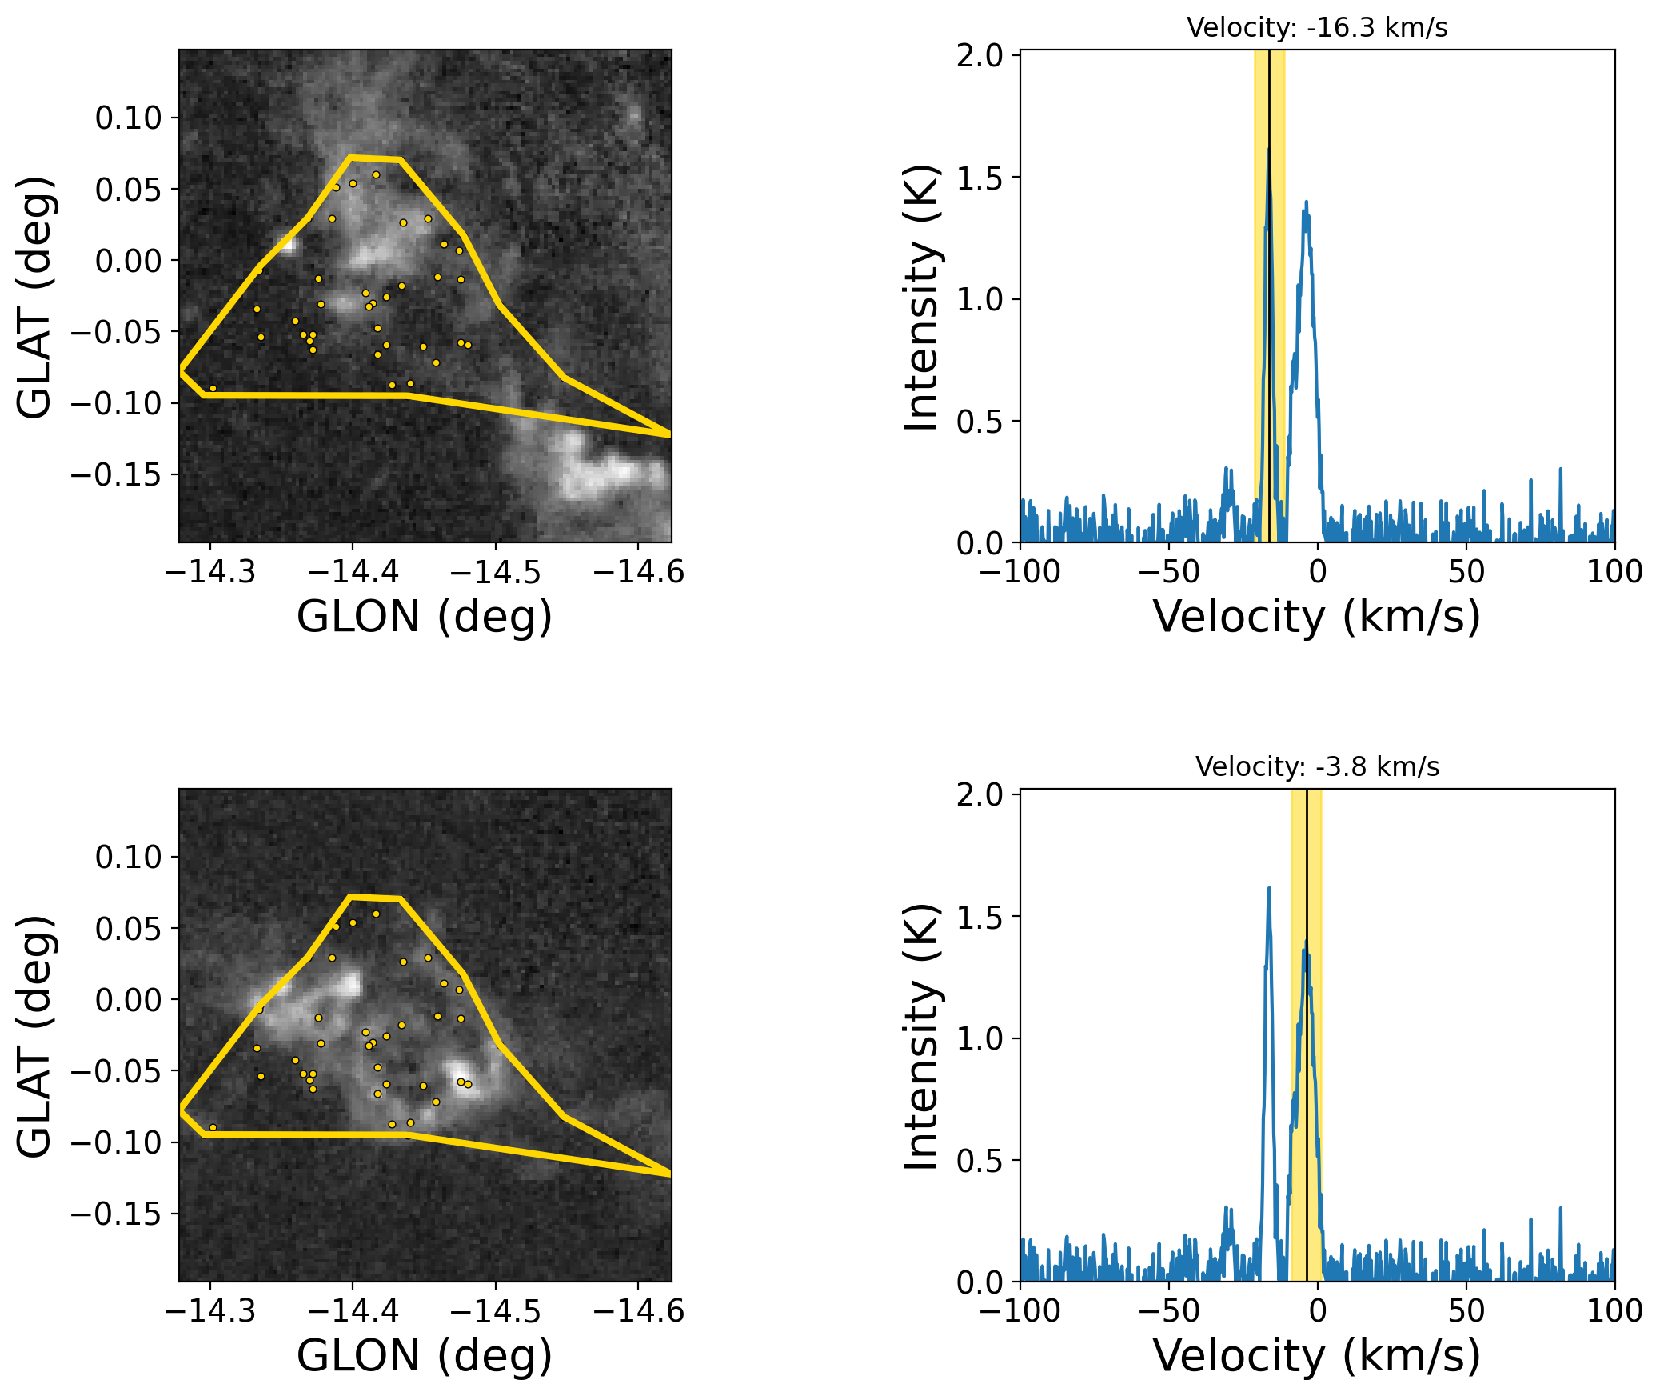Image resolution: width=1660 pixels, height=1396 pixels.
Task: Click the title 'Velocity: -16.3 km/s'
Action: click(x=1317, y=28)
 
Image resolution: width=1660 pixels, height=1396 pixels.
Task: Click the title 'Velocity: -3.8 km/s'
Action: click(x=1317, y=767)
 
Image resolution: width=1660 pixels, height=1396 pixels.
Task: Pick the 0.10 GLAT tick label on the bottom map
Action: click(x=128, y=857)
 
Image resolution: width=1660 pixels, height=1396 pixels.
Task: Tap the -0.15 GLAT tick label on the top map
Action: click(x=116, y=475)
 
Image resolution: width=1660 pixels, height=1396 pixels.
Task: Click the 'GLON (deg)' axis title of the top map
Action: click(x=425, y=617)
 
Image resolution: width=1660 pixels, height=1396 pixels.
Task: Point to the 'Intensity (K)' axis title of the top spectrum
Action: click(x=920, y=298)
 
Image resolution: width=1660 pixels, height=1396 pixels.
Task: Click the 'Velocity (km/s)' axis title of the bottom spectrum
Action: click(x=1317, y=1356)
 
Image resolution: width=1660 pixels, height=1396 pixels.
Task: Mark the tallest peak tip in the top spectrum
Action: click(x=1269, y=149)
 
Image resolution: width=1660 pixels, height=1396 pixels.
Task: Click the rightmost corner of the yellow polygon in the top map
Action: click(x=670, y=434)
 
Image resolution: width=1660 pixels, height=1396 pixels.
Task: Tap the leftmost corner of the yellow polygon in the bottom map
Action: click(x=182, y=1109)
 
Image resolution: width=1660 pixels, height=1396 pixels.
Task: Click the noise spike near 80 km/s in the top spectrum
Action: click(x=1560, y=470)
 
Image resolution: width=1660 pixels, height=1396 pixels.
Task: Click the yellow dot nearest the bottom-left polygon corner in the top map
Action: click(x=213, y=388)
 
